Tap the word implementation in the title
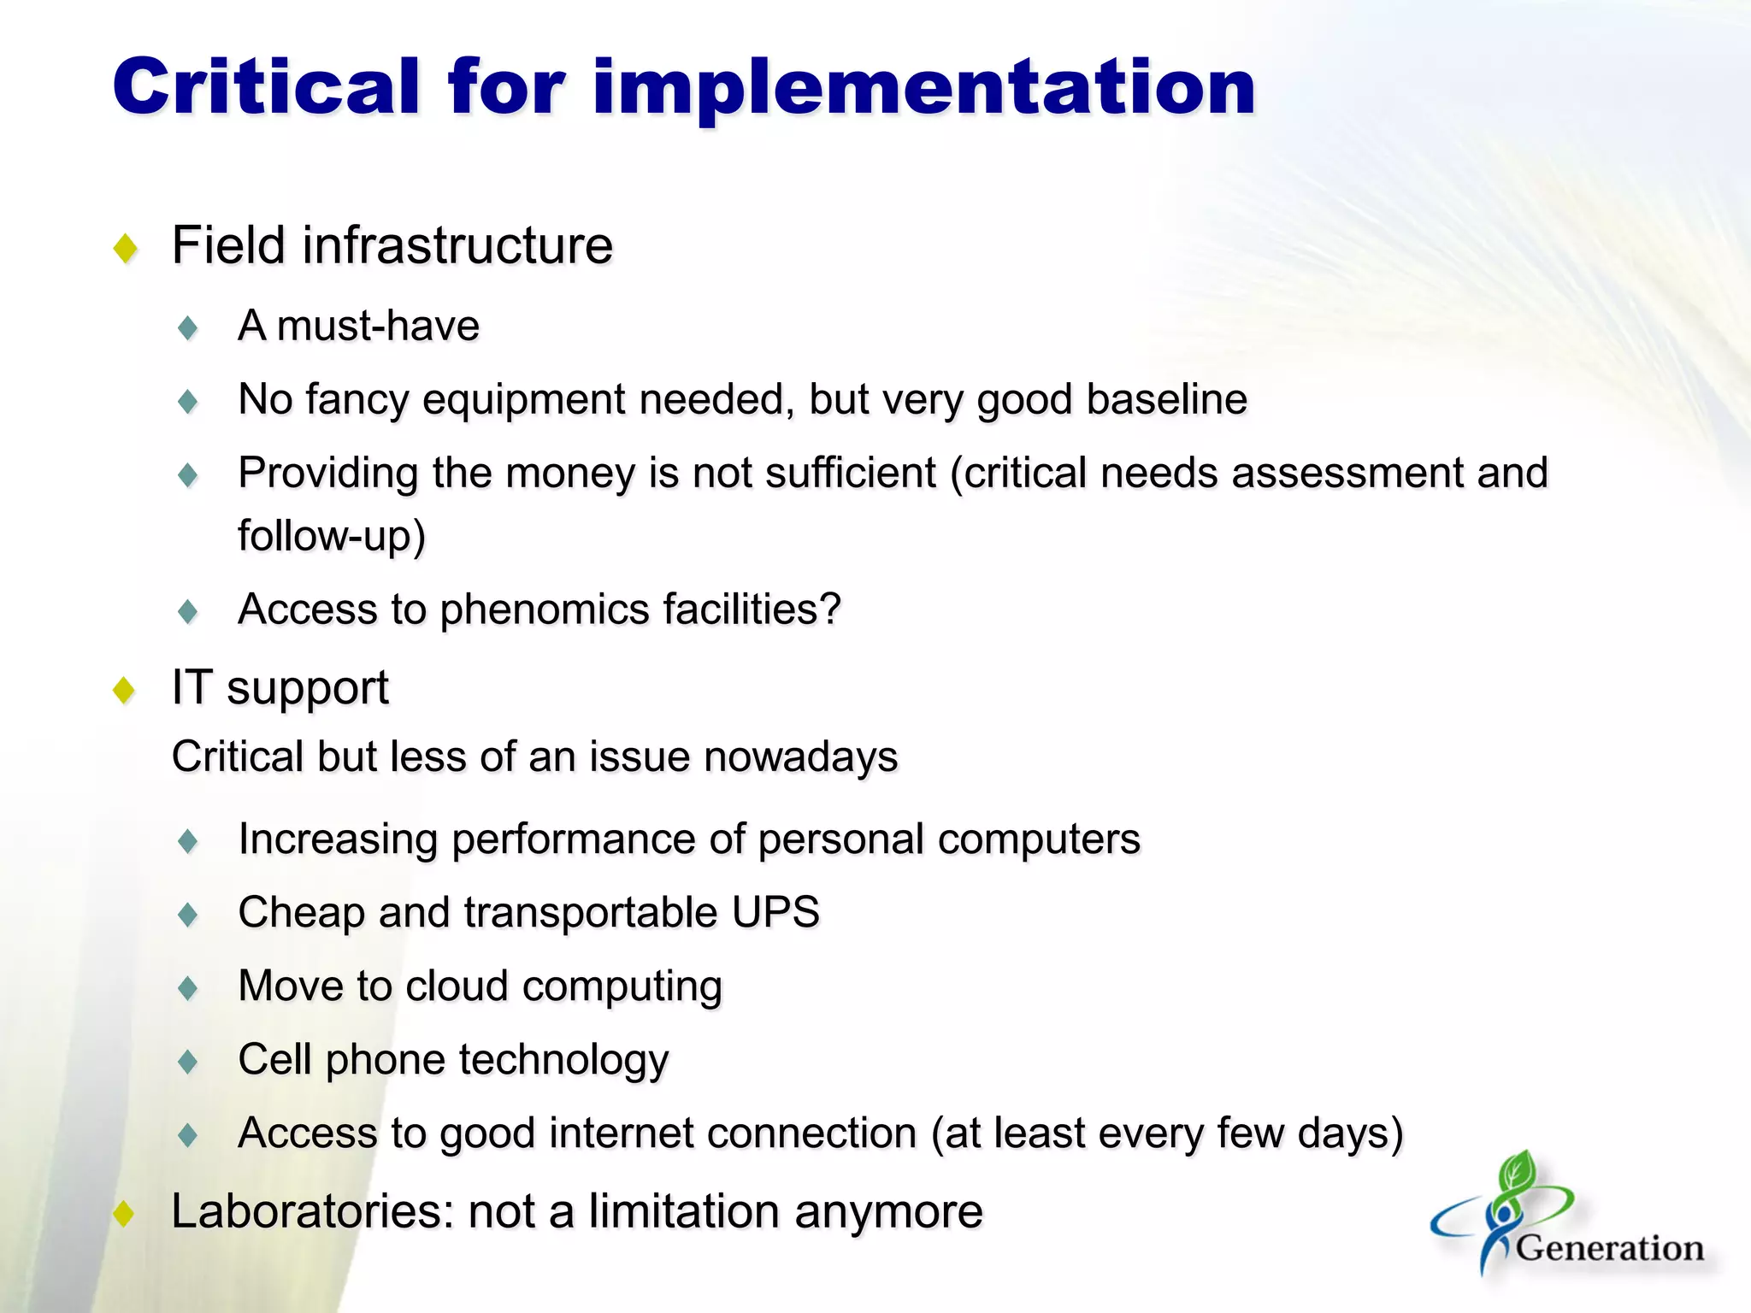tap(923, 87)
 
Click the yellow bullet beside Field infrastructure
tap(126, 249)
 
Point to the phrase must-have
tap(378, 326)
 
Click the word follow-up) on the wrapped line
tap(332, 537)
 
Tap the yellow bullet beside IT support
tap(126, 690)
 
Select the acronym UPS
tap(775, 912)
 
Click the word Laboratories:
tap(312, 1211)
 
